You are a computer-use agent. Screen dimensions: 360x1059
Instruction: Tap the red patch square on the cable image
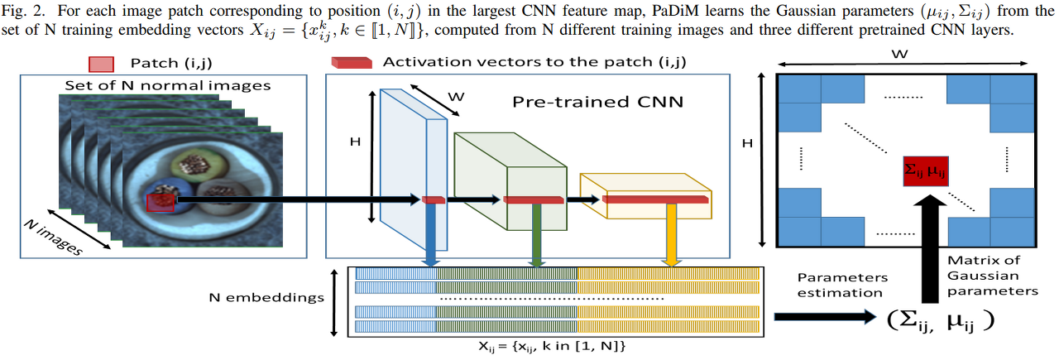pyautogui.click(x=161, y=201)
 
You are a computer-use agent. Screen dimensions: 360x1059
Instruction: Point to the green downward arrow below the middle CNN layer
pyautogui.click(x=536, y=236)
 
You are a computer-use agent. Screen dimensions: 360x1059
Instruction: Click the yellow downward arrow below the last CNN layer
pyautogui.click(x=671, y=236)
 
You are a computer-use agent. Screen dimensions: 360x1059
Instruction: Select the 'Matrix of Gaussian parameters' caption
pyautogui.click(x=991, y=276)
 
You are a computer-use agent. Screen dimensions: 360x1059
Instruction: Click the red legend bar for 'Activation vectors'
pyautogui.click(x=351, y=64)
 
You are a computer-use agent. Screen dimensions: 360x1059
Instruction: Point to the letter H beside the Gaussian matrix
pyautogui.click(x=747, y=143)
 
